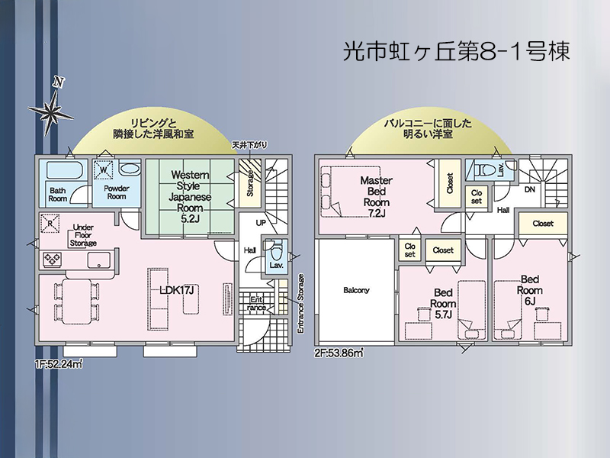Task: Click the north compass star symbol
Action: point(50,110)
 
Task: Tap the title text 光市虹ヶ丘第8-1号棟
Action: point(457,52)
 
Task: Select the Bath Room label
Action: point(58,195)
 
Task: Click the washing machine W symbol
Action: point(103,169)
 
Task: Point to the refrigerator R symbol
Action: point(50,224)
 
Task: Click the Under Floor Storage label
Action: point(83,235)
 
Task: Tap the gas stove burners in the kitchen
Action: point(52,260)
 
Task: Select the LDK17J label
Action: point(177,290)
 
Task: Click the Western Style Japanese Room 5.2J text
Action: point(190,196)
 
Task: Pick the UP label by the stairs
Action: point(261,223)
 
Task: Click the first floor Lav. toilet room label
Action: point(276,266)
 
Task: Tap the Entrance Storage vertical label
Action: point(300,304)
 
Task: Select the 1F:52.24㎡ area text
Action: point(59,365)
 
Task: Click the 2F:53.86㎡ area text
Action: point(339,353)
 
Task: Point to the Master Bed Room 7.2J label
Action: point(376,197)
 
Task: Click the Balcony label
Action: point(356,290)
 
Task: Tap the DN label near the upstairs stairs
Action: point(529,189)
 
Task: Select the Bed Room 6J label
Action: point(529,290)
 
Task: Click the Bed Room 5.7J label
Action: point(443,303)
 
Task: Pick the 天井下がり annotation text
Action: point(249,145)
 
